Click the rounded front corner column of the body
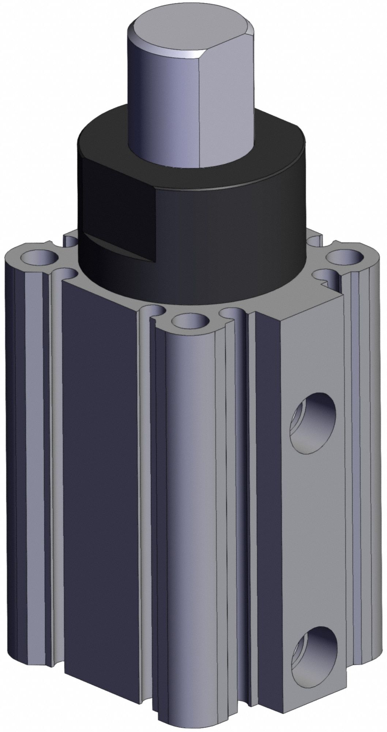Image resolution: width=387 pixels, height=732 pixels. point(187,512)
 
